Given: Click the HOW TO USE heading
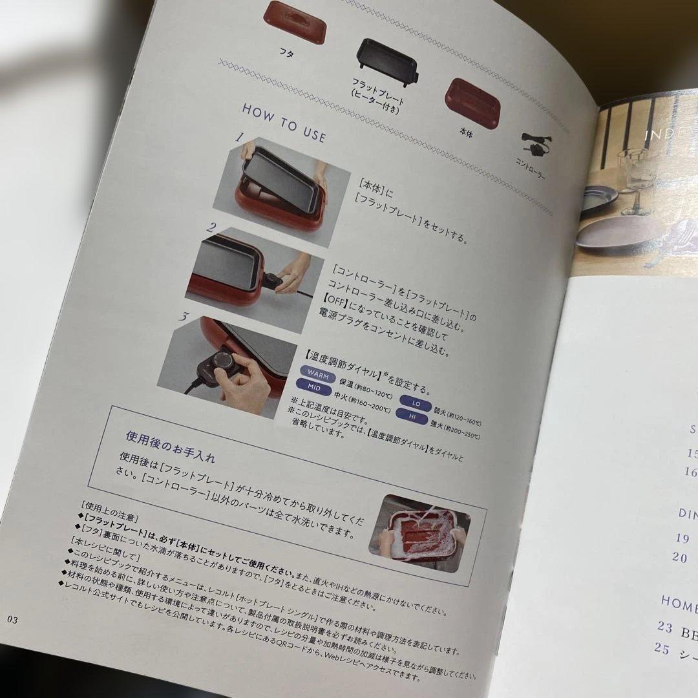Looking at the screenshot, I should coord(284,122).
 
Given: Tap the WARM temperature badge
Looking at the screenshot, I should coord(317,375).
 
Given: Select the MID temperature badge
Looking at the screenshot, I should coord(313,388).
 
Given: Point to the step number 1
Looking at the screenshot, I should coord(238,138).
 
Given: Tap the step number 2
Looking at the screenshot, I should coord(211,227).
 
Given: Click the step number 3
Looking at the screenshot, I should coord(184,316).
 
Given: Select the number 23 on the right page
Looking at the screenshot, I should coord(664,626).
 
